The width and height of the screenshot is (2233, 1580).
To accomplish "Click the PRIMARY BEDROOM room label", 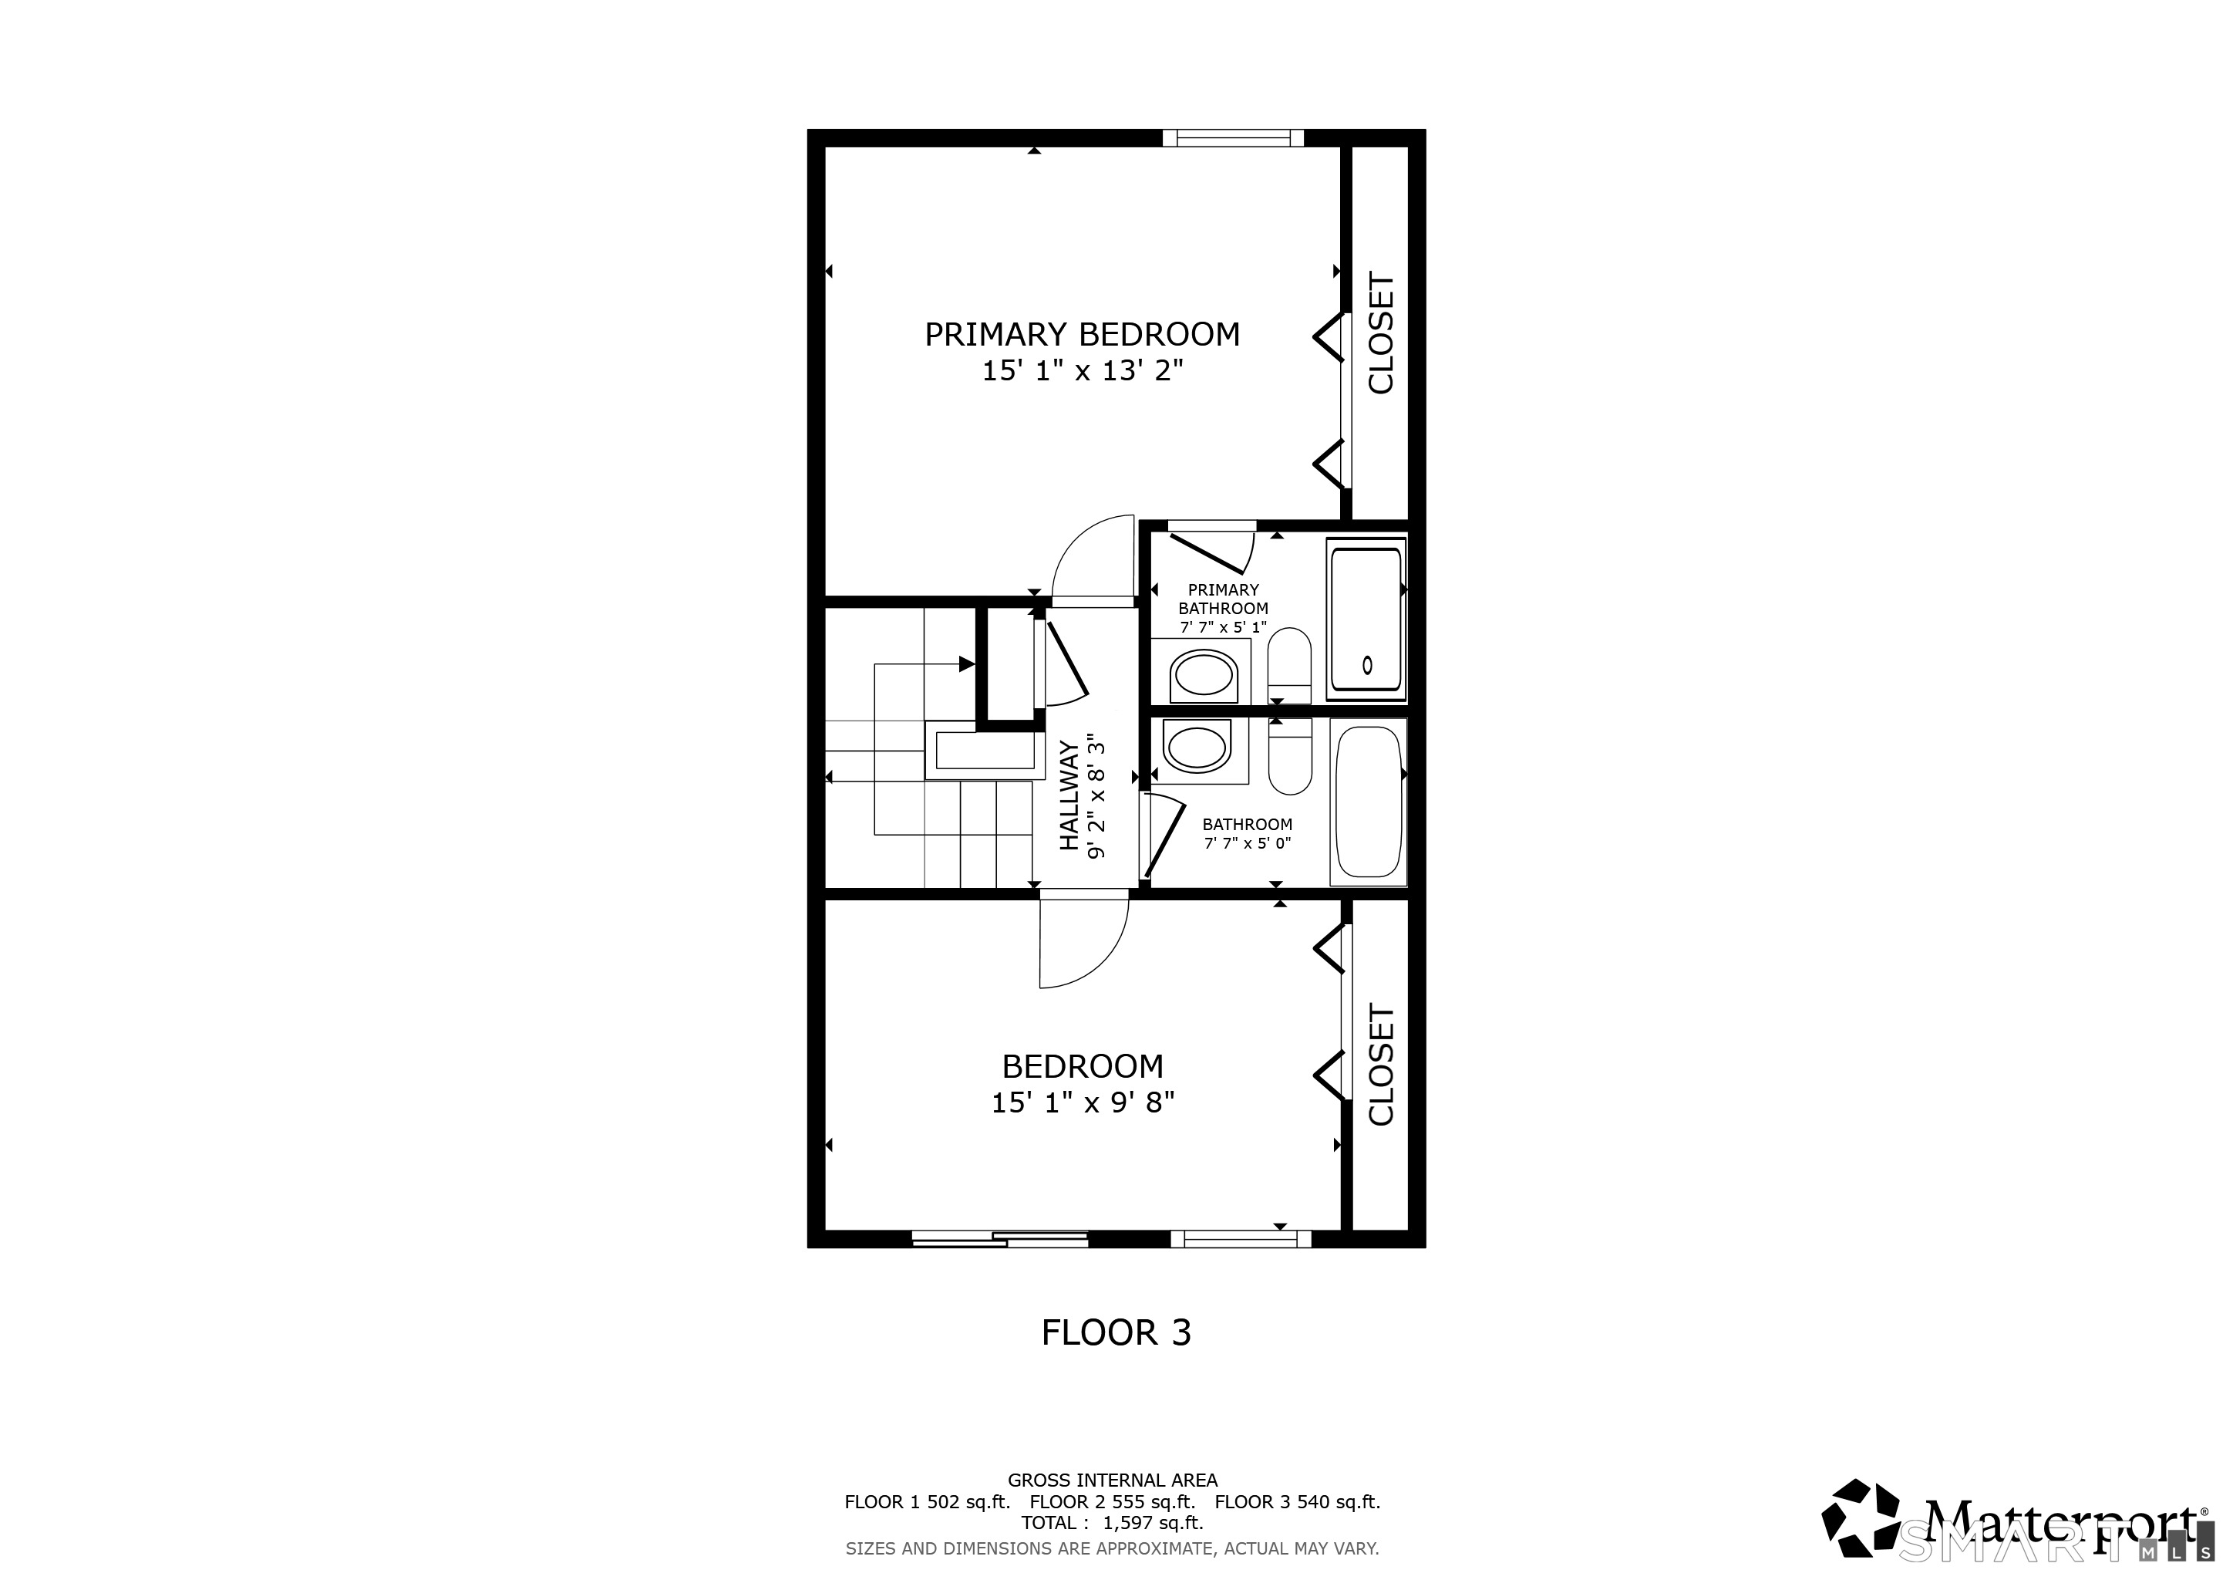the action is pyautogui.click(x=1082, y=335).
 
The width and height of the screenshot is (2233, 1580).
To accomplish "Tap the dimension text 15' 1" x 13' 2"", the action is pyautogui.click(x=1083, y=370).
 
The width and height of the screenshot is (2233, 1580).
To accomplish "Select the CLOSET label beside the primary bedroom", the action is pyautogui.click(x=1381, y=334).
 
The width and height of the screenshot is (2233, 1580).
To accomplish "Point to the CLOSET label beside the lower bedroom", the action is pyautogui.click(x=1381, y=1065).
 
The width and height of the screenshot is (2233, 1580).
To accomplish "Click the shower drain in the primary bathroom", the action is pyautogui.click(x=1367, y=666).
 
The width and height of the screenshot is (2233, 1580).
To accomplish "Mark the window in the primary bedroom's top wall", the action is pyautogui.click(x=1233, y=138).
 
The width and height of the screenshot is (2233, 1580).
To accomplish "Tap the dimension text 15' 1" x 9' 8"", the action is pyautogui.click(x=1083, y=1102).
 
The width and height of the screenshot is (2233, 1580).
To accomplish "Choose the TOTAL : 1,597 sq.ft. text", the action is pyautogui.click(x=1112, y=1523).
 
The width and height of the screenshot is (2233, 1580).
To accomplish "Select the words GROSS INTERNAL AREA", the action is pyautogui.click(x=1112, y=1480).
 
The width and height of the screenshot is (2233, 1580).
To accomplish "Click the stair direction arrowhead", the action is pyautogui.click(x=967, y=664).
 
